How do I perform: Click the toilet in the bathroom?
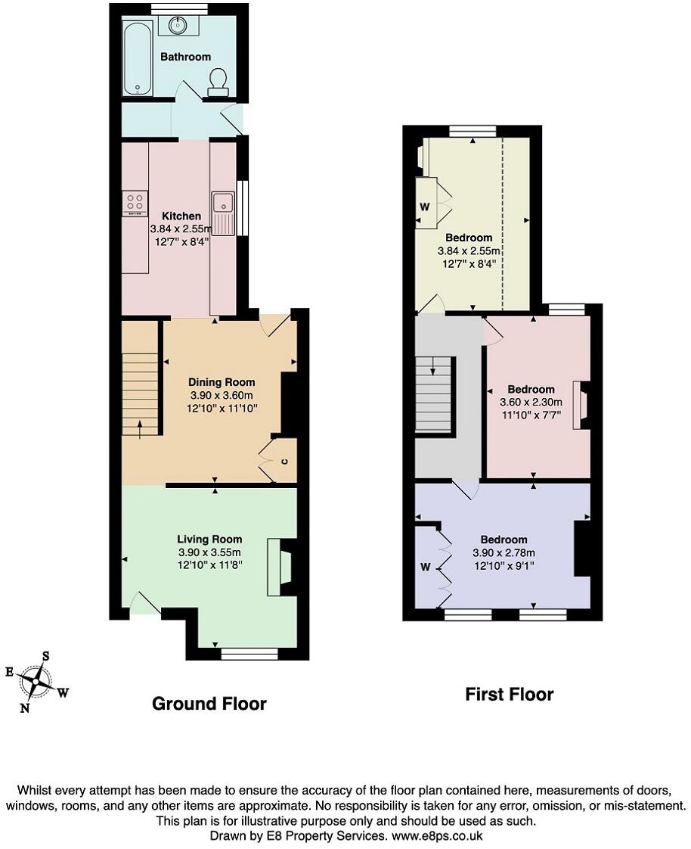coord(218,82)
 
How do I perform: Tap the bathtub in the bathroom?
coord(138,58)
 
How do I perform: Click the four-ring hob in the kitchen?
coord(134,204)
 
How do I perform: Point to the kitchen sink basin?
coord(223,202)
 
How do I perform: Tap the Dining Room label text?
coord(222,382)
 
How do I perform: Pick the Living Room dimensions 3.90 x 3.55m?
coord(209,552)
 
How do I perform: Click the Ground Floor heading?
coord(209,704)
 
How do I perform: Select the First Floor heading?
coord(509,694)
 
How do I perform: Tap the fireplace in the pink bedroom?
coord(581,405)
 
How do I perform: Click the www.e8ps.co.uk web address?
coord(435,836)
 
